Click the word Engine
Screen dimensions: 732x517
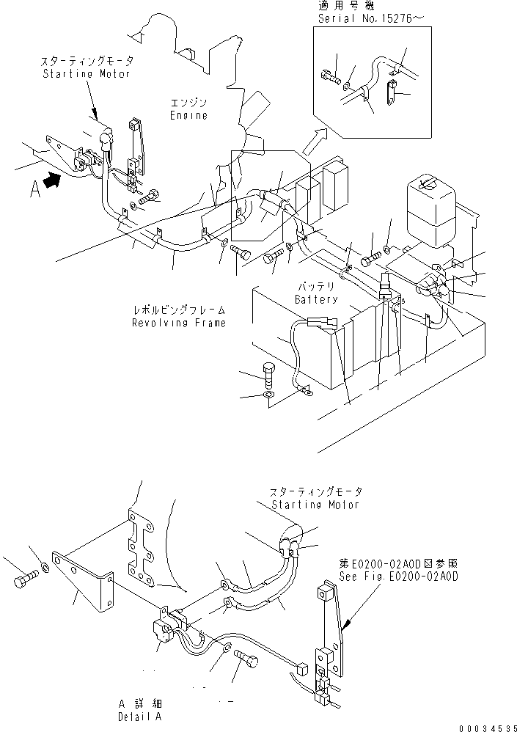188,115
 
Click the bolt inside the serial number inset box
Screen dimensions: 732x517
329,74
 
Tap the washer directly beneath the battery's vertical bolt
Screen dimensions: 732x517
268,397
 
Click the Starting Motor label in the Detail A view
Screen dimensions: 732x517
316,499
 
